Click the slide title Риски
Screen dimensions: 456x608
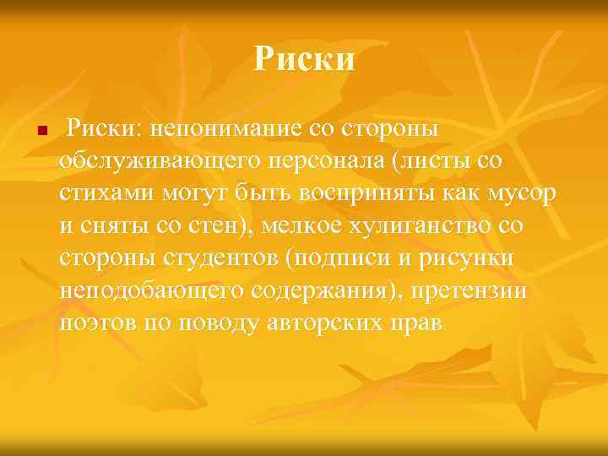304,60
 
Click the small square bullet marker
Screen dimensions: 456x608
29,133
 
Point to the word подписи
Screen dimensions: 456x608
339,258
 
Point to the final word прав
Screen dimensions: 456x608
418,322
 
